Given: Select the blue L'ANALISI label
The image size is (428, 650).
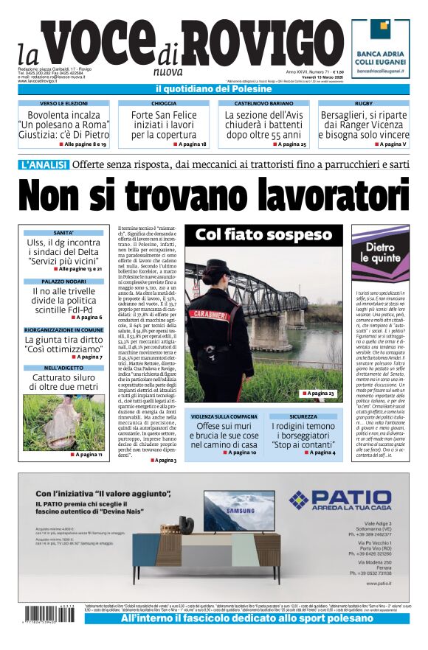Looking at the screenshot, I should (x=43, y=164).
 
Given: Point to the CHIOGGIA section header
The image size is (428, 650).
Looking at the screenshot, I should (x=164, y=104).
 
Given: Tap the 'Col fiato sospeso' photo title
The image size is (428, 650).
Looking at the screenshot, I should (x=263, y=235).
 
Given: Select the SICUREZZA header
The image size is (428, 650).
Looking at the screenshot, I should (x=303, y=416).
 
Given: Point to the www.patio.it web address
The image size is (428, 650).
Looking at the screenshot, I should (x=382, y=583).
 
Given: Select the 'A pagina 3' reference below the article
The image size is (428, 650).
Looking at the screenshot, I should (x=165, y=460).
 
